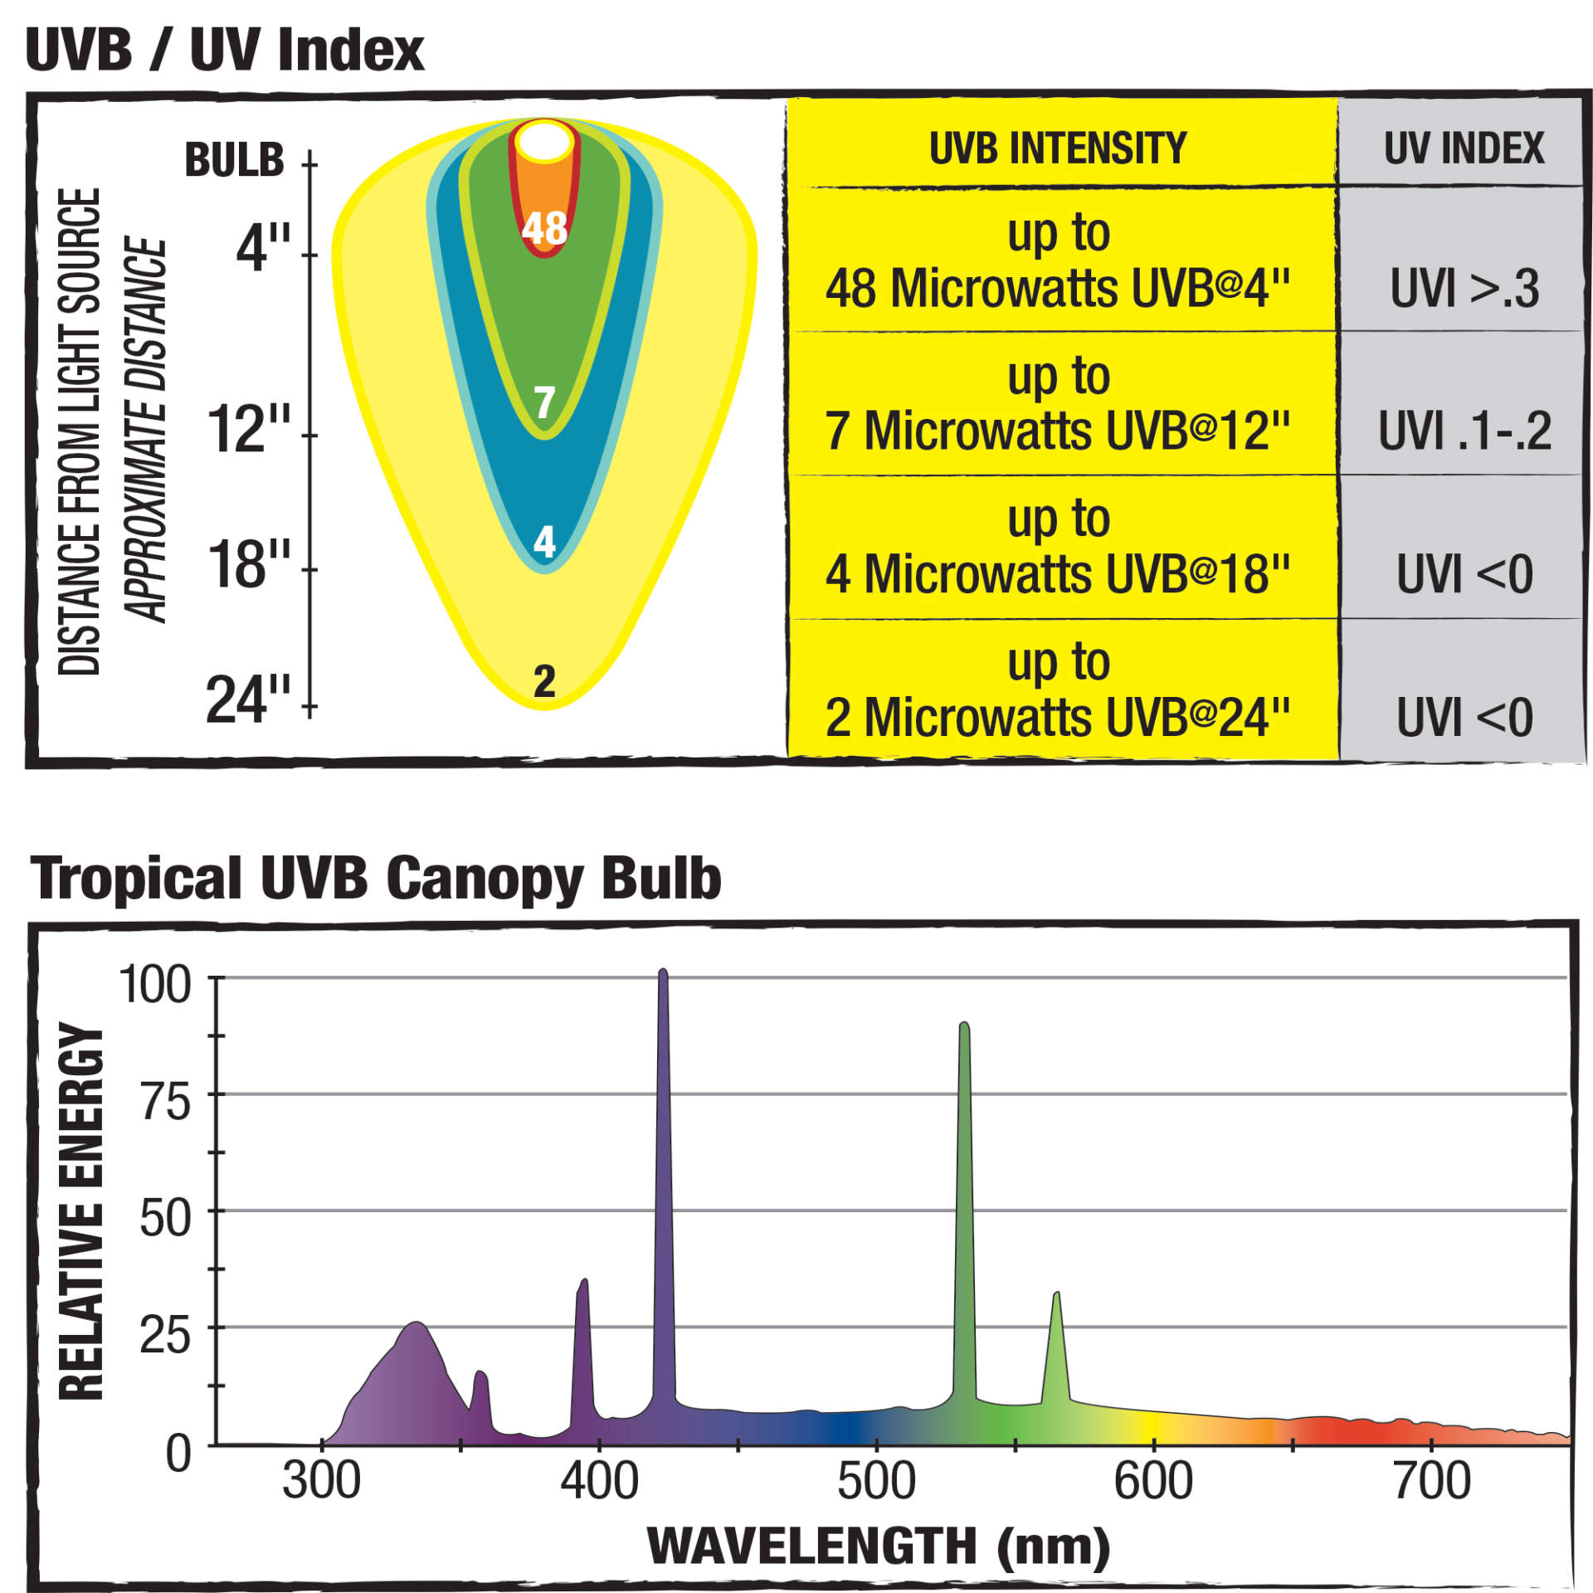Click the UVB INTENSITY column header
[x=1057, y=149]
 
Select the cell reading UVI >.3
[x=1464, y=288]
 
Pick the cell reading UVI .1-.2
[x=1464, y=431]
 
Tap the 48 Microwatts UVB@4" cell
[x=1057, y=261]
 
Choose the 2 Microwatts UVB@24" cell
[x=1057, y=690]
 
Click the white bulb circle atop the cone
[x=544, y=140]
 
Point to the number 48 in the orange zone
[x=544, y=227]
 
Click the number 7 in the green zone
[x=544, y=403]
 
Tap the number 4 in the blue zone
[x=544, y=542]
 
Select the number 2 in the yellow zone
[x=544, y=681]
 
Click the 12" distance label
[x=249, y=429]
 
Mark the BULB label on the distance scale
[x=234, y=159]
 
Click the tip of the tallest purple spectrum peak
[x=663, y=972]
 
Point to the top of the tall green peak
[x=964, y=1027]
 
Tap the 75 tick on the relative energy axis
[x=166, y=1103]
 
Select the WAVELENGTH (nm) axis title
[x=878, y=1546]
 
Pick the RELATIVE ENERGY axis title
[x=81, y=1211]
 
